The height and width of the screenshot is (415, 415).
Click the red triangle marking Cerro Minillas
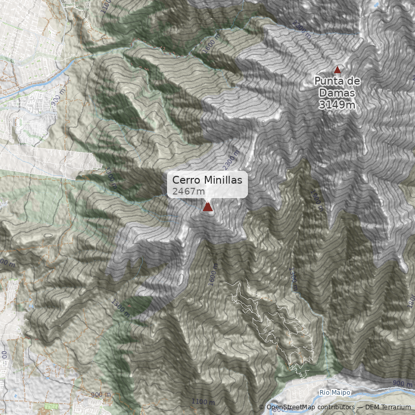tap(208, 207)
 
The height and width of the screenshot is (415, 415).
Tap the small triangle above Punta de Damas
tap(337, 70)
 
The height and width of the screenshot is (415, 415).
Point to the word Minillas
tap(223, 180)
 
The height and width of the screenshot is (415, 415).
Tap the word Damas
tap(337, 93)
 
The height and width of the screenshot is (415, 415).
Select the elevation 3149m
tap(337, 105)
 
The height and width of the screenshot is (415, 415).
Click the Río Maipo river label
tap(335, 393)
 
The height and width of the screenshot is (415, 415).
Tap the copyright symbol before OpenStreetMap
tap(261, 407)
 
